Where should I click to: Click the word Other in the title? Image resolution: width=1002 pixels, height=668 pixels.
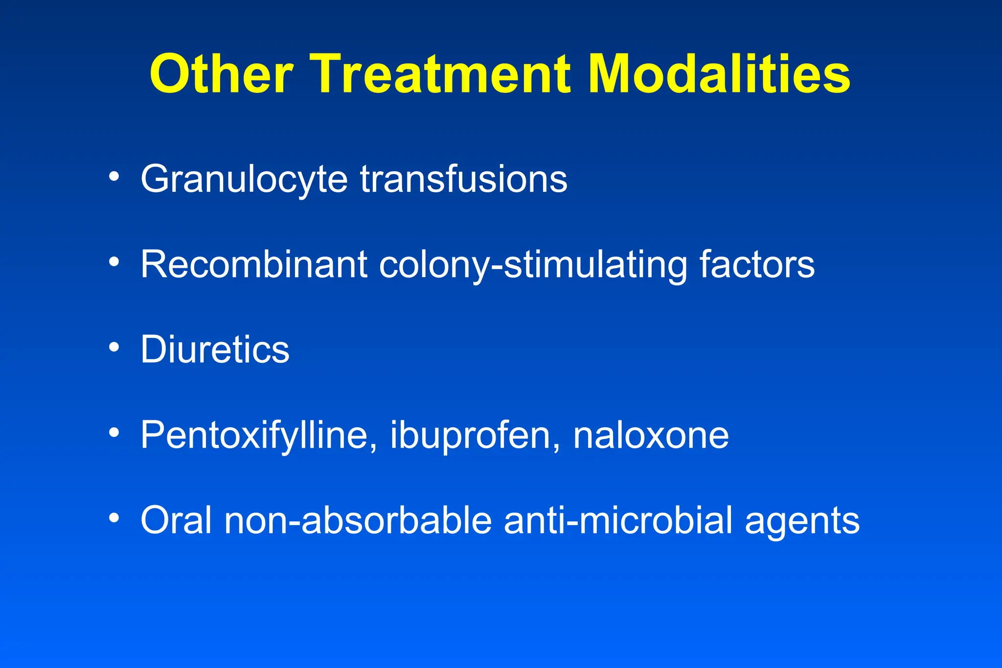point(221,74)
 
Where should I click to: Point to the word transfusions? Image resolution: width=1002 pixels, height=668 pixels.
point(464,179)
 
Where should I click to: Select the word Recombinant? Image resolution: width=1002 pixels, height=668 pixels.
point(254,265)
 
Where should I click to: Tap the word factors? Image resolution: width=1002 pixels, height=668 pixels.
point(757,265)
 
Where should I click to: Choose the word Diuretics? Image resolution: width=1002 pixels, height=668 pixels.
point(215,349)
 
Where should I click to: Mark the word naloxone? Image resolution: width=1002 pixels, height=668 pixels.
point(651,435)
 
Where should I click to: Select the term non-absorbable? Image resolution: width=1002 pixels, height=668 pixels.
point(358,520)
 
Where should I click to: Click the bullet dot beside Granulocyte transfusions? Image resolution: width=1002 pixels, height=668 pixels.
point(114,177)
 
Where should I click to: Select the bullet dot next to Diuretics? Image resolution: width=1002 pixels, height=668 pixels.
point(114,347)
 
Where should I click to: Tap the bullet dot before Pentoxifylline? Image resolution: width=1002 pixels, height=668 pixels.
point(114,432)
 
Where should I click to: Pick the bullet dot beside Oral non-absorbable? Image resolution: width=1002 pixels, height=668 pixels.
point(114,517)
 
